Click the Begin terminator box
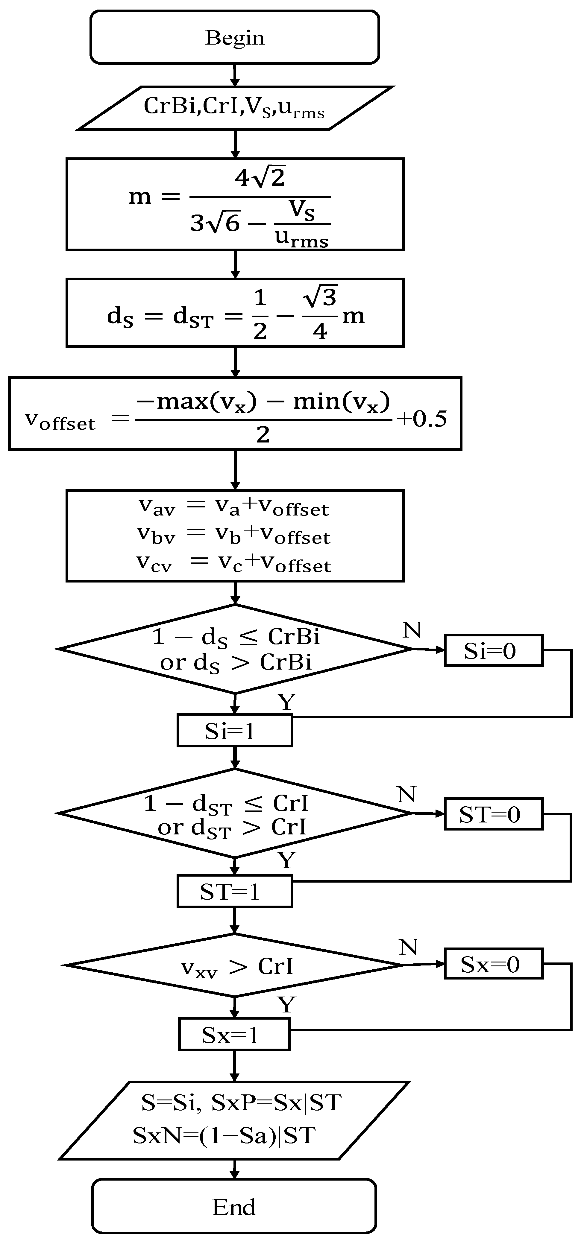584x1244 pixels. pos(234,37)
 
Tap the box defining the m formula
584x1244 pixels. pos(235,204)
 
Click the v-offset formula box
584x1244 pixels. pos(235,414)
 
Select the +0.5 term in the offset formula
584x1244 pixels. pos(422,419)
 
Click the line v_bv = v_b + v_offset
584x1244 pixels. pos(234,535)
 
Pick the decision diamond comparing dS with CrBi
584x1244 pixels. pos(235,649)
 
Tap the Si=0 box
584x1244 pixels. pos(493,650)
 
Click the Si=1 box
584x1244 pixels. pos(234,731)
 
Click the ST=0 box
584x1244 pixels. pos(493,814)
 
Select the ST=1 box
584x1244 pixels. pos(234,891)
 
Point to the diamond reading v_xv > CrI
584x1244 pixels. pos(235,966)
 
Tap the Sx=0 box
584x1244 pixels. pos(493,964)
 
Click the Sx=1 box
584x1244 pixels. pos(234,1034)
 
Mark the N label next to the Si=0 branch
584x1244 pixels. pos(412,630)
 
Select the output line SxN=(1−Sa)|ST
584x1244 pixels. pos(224,1135)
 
